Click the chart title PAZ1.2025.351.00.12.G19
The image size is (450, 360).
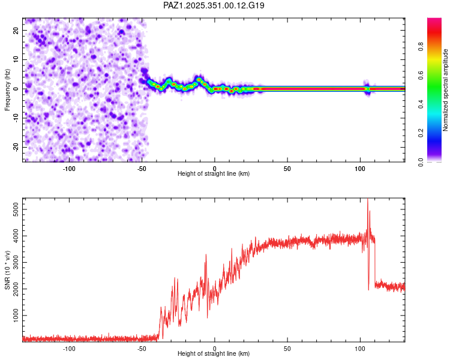[214, 5]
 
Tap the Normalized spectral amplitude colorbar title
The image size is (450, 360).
[446, 90]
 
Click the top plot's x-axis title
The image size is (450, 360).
[214, 173]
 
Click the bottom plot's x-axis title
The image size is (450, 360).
[214, 353]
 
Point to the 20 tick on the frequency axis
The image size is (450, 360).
[16, 30]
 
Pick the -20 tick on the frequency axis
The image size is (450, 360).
[16, 147]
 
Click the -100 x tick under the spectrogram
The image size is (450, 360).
[69, 169]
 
